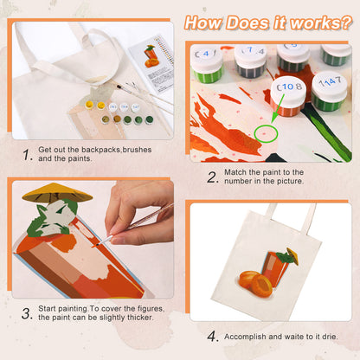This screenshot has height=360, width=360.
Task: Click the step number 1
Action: coord(28,156)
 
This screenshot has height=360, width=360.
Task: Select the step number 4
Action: coord(213,336)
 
